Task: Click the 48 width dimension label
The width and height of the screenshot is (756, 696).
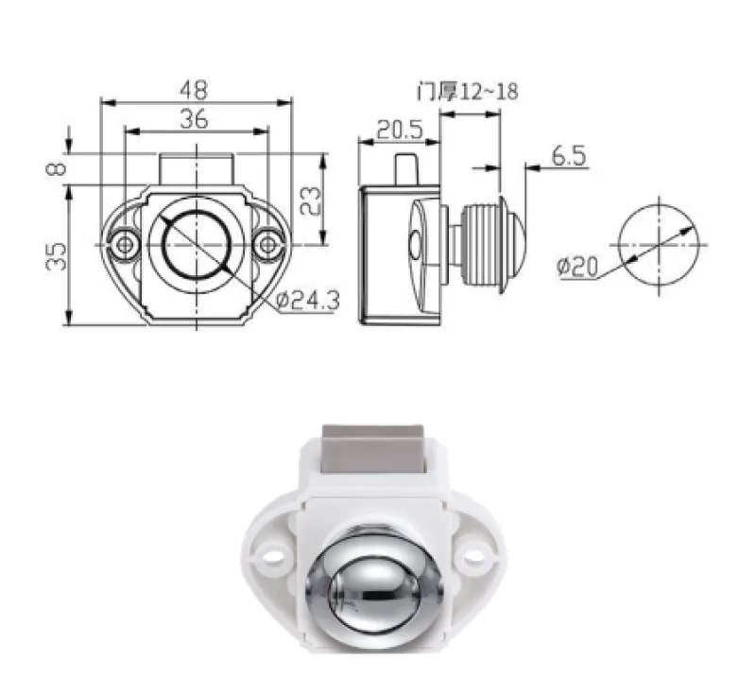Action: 197,89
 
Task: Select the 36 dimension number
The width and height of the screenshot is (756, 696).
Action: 196,118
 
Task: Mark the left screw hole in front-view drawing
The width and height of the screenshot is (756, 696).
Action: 122,245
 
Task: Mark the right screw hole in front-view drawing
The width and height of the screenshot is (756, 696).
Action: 269,245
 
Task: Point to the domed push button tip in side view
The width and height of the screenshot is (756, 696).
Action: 516,244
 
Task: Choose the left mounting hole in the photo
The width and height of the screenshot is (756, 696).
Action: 273,554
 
